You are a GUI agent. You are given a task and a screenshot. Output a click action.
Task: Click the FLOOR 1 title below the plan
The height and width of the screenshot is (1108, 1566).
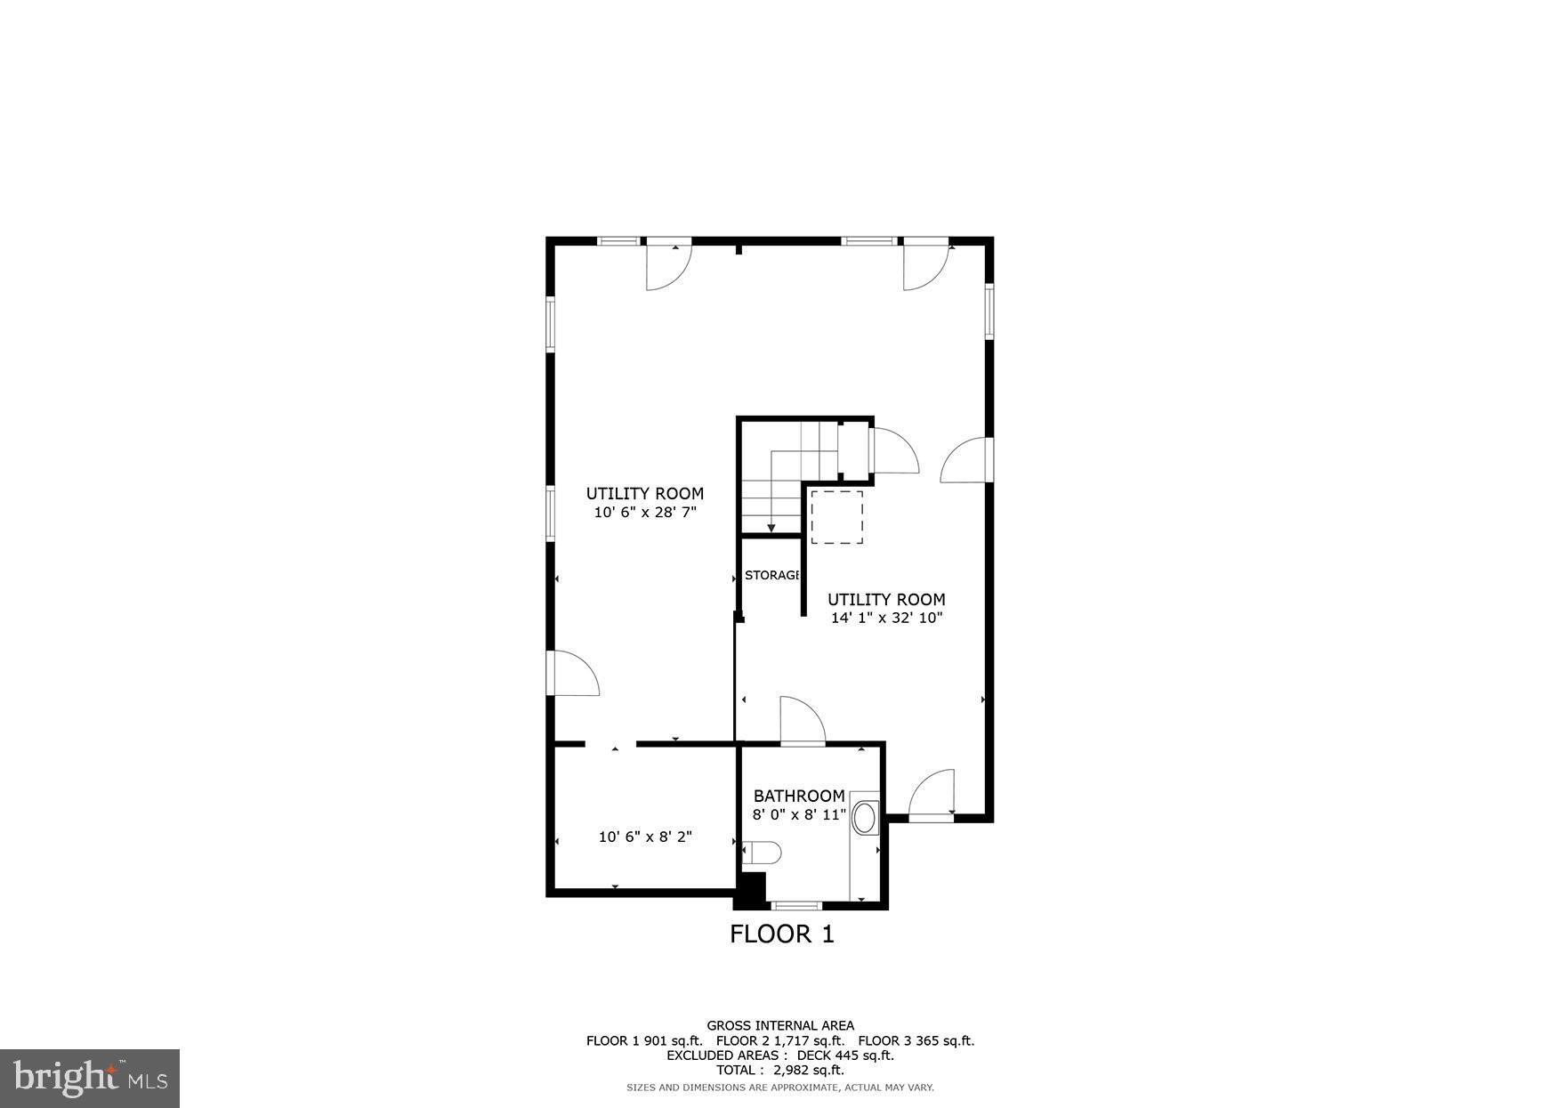tap(781, 934)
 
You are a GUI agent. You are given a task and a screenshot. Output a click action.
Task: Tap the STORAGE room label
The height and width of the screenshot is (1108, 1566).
tap(771, 575)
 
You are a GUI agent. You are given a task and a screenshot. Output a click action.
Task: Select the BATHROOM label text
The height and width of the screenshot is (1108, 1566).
tap(799, 796)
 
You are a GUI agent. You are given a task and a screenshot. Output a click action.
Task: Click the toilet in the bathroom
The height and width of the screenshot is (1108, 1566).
tap(762, 853)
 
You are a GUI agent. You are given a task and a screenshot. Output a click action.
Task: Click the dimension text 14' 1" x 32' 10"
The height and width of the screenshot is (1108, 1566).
tap(886, 618)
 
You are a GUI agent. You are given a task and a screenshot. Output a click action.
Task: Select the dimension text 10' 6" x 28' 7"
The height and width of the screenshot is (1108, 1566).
tap(645, 512)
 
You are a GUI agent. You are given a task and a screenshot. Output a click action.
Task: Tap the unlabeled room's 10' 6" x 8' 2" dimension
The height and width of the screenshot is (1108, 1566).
tap(645, 837)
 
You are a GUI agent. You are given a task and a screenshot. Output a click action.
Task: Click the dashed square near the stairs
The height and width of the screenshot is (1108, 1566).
tap(836, 516)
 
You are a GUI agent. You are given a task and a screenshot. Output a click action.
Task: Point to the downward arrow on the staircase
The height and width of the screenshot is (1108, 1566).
tap(771, 527)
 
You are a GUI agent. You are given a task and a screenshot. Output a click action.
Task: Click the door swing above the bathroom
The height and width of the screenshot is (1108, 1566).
tap(801, 721)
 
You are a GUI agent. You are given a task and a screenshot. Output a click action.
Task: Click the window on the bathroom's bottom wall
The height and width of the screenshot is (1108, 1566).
tap(796, 906)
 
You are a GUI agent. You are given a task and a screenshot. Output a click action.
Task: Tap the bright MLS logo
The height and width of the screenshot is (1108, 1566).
tap(90, 1078)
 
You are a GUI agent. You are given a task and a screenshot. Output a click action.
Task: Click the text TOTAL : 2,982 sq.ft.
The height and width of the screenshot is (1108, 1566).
tap(780, 1071)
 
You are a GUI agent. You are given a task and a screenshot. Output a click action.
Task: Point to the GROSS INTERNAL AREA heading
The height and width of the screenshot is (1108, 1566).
tap(780, 1025)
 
